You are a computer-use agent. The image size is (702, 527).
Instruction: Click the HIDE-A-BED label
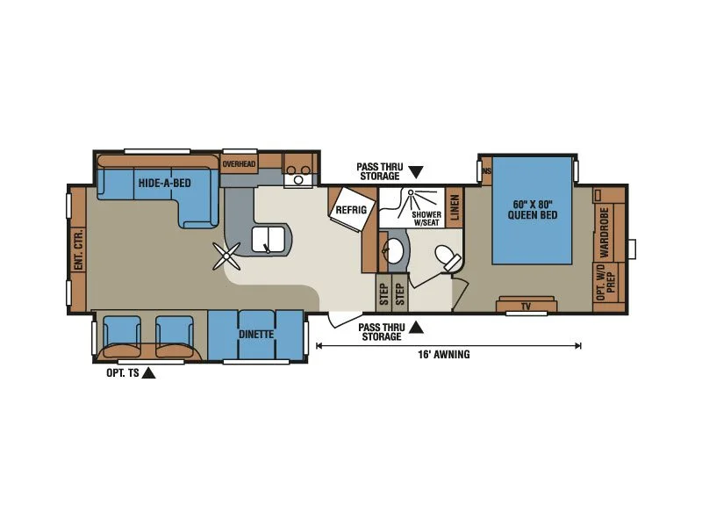coord(164,183)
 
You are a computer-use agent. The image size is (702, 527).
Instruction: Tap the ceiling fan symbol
coord(226,256)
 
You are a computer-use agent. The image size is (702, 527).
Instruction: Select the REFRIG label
coord(351,209)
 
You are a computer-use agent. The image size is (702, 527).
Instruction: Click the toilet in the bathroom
coord(448,257)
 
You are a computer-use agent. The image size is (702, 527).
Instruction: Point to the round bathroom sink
coord(393,251)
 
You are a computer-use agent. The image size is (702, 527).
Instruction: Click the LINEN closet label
coord(455,207)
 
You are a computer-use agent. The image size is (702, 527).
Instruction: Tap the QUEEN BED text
coord(533,214)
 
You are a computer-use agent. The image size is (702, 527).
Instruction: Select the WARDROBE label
coord(605,232)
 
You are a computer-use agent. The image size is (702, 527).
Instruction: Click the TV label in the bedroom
coord(526,307)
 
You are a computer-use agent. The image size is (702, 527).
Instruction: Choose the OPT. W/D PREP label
coord(606,282)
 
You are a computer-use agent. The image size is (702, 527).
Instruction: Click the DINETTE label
coord(256,335)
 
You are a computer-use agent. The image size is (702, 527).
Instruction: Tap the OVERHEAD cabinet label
coord(239,164)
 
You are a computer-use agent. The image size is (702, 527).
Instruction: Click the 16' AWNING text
coord(444,355)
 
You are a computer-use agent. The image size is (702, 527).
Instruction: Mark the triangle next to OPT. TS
coord(148,372)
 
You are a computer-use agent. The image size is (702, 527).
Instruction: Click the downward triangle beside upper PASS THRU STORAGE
coord(416,172)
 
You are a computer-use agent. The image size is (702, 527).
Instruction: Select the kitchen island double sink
coord(267,240)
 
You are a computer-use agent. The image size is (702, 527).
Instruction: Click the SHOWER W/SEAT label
coord(426,219)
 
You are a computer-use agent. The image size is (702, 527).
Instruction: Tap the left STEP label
coord(384,294)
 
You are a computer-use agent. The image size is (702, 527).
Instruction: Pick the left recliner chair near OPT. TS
coord(121,336)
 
